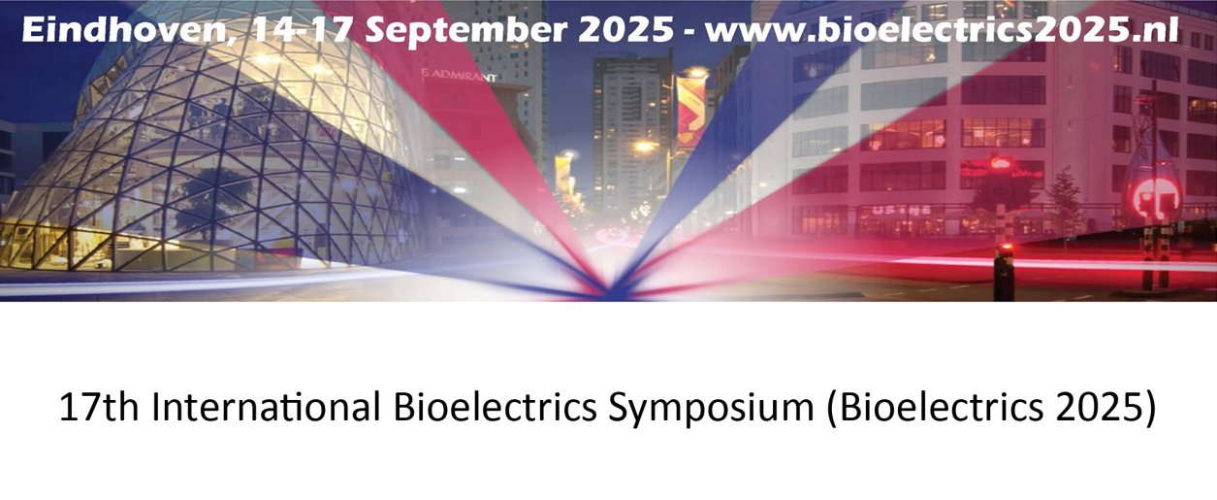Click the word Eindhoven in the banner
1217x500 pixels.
pos(126,29)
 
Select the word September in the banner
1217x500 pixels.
pos(465,31)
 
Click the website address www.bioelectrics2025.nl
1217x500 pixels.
pos(943,29)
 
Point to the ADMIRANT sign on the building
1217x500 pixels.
pos(459,76)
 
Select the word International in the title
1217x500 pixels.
pos(267,407)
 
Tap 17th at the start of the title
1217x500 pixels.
pos(98,407)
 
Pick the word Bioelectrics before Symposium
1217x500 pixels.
pos(495,407)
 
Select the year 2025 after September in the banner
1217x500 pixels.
pos(625,29)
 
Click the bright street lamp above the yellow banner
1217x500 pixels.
pos(696,73)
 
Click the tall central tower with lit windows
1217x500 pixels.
pos(630,130)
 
